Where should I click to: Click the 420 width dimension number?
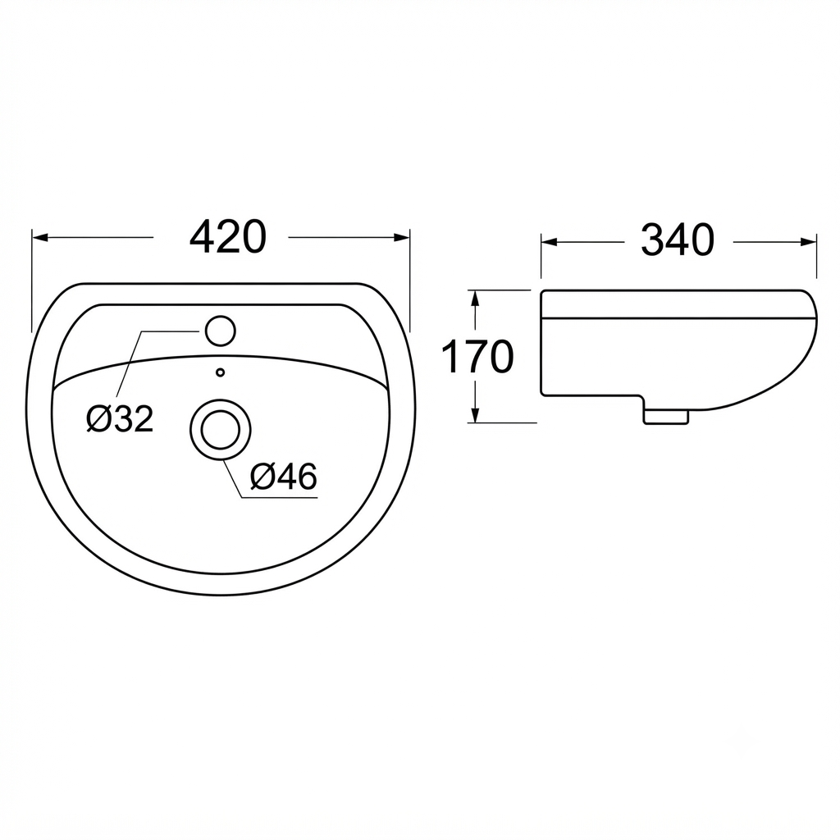[228, 237]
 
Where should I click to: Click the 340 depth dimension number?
[678, 240]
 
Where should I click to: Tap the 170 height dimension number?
[477, 357]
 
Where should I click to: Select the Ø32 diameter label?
[120, 418]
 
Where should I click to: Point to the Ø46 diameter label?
[283, 477]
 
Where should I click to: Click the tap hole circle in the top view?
[220, 331]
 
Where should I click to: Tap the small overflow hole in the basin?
[220, 372]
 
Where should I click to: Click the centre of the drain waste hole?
[220, 430]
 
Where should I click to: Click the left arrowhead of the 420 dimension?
[41, 237]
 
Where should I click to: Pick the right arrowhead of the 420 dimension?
[402, 237]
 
